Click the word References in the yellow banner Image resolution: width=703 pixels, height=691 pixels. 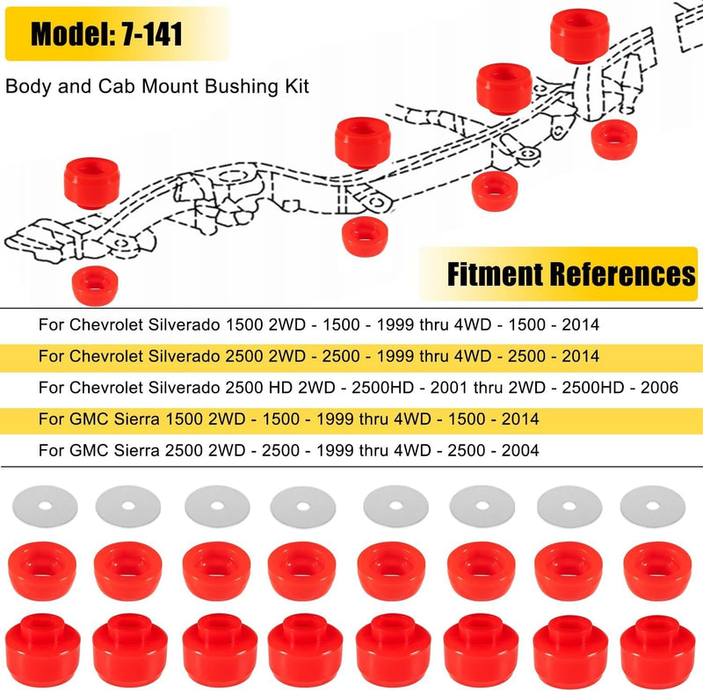click(x=622, y=274)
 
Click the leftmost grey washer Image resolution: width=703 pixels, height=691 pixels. click(x=45, y=506)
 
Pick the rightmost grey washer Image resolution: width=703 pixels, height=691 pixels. click(x=653, y=506)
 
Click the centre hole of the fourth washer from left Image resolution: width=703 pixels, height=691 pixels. click(x=303, y=506)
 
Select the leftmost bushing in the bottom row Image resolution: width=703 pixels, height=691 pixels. click(x=43, y=651)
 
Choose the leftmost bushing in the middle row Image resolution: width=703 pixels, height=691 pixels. click(x=42, y=571)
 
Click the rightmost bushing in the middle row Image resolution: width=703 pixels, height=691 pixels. click(x=657, y=571)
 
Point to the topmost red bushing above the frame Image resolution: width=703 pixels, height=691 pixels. click(x=580, y=36)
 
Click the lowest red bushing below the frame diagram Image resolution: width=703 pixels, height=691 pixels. click(x=95, y=286)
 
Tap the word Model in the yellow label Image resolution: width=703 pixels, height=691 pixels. click(x=68, y=34)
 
